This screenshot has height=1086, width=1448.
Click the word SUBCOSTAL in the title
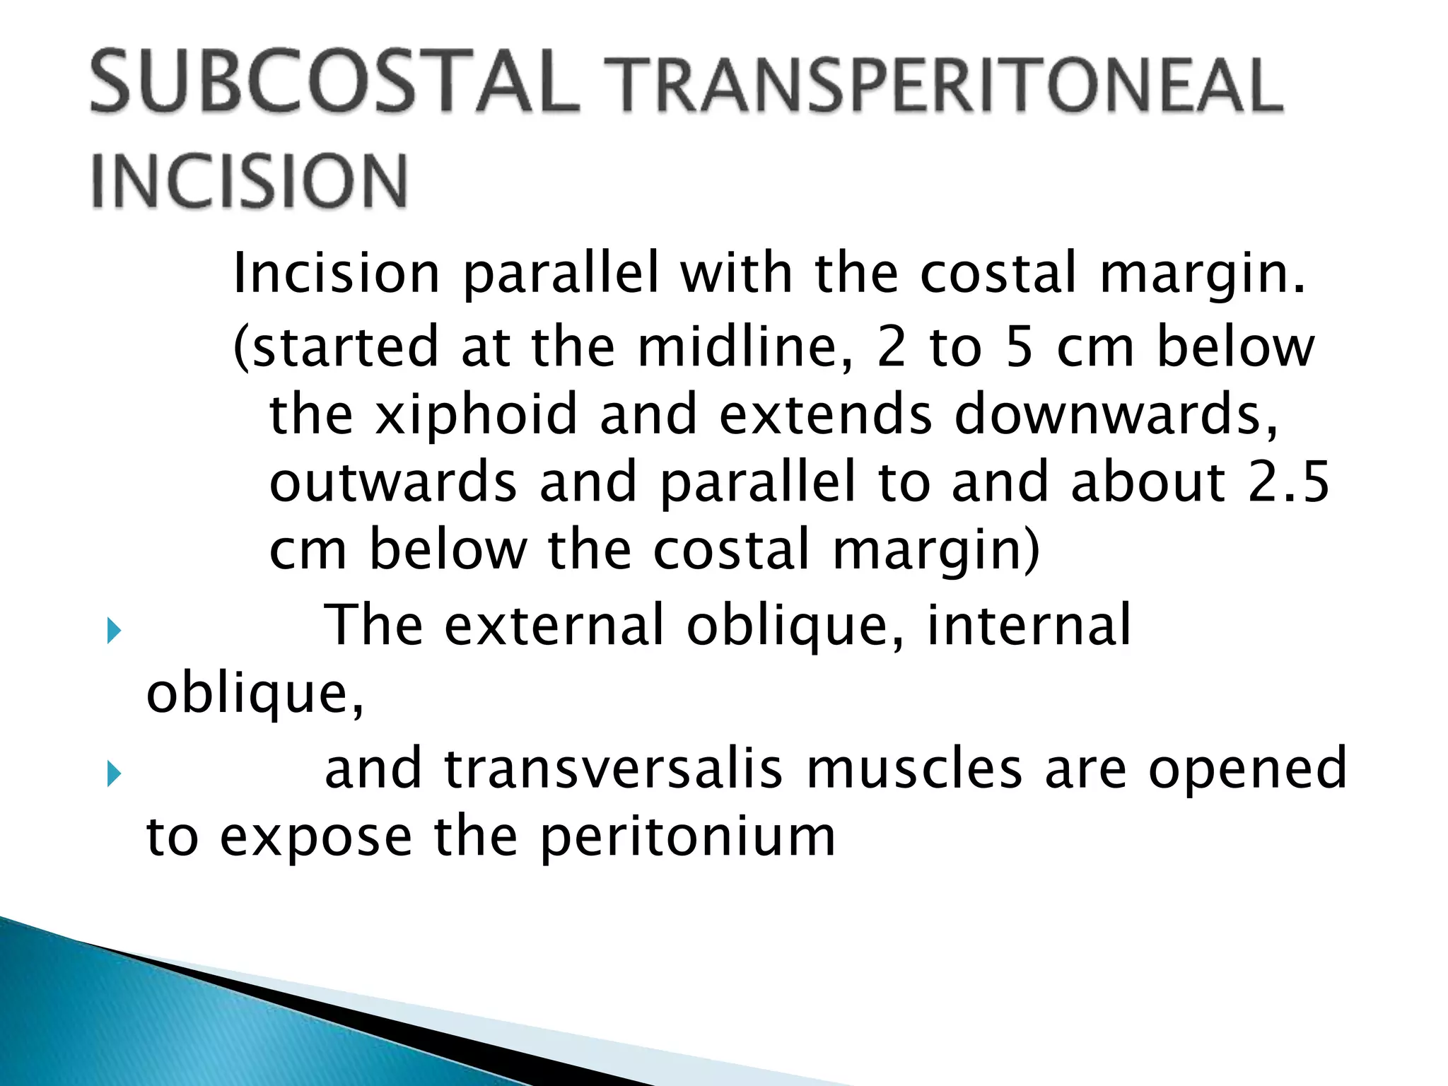[x=334, y=82]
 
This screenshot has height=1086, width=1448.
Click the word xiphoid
[x=477, y=415]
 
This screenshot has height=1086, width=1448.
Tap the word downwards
[x=1116, y=415]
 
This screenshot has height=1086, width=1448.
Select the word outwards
[x=393, y=482]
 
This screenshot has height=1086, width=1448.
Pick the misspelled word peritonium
[x=687, y=838]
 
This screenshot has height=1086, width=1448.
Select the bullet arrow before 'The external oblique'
[x=114, y=631]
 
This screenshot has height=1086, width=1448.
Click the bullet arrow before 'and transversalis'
[x=114, y=774]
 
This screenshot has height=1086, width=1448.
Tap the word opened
[x=1247, y=769]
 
